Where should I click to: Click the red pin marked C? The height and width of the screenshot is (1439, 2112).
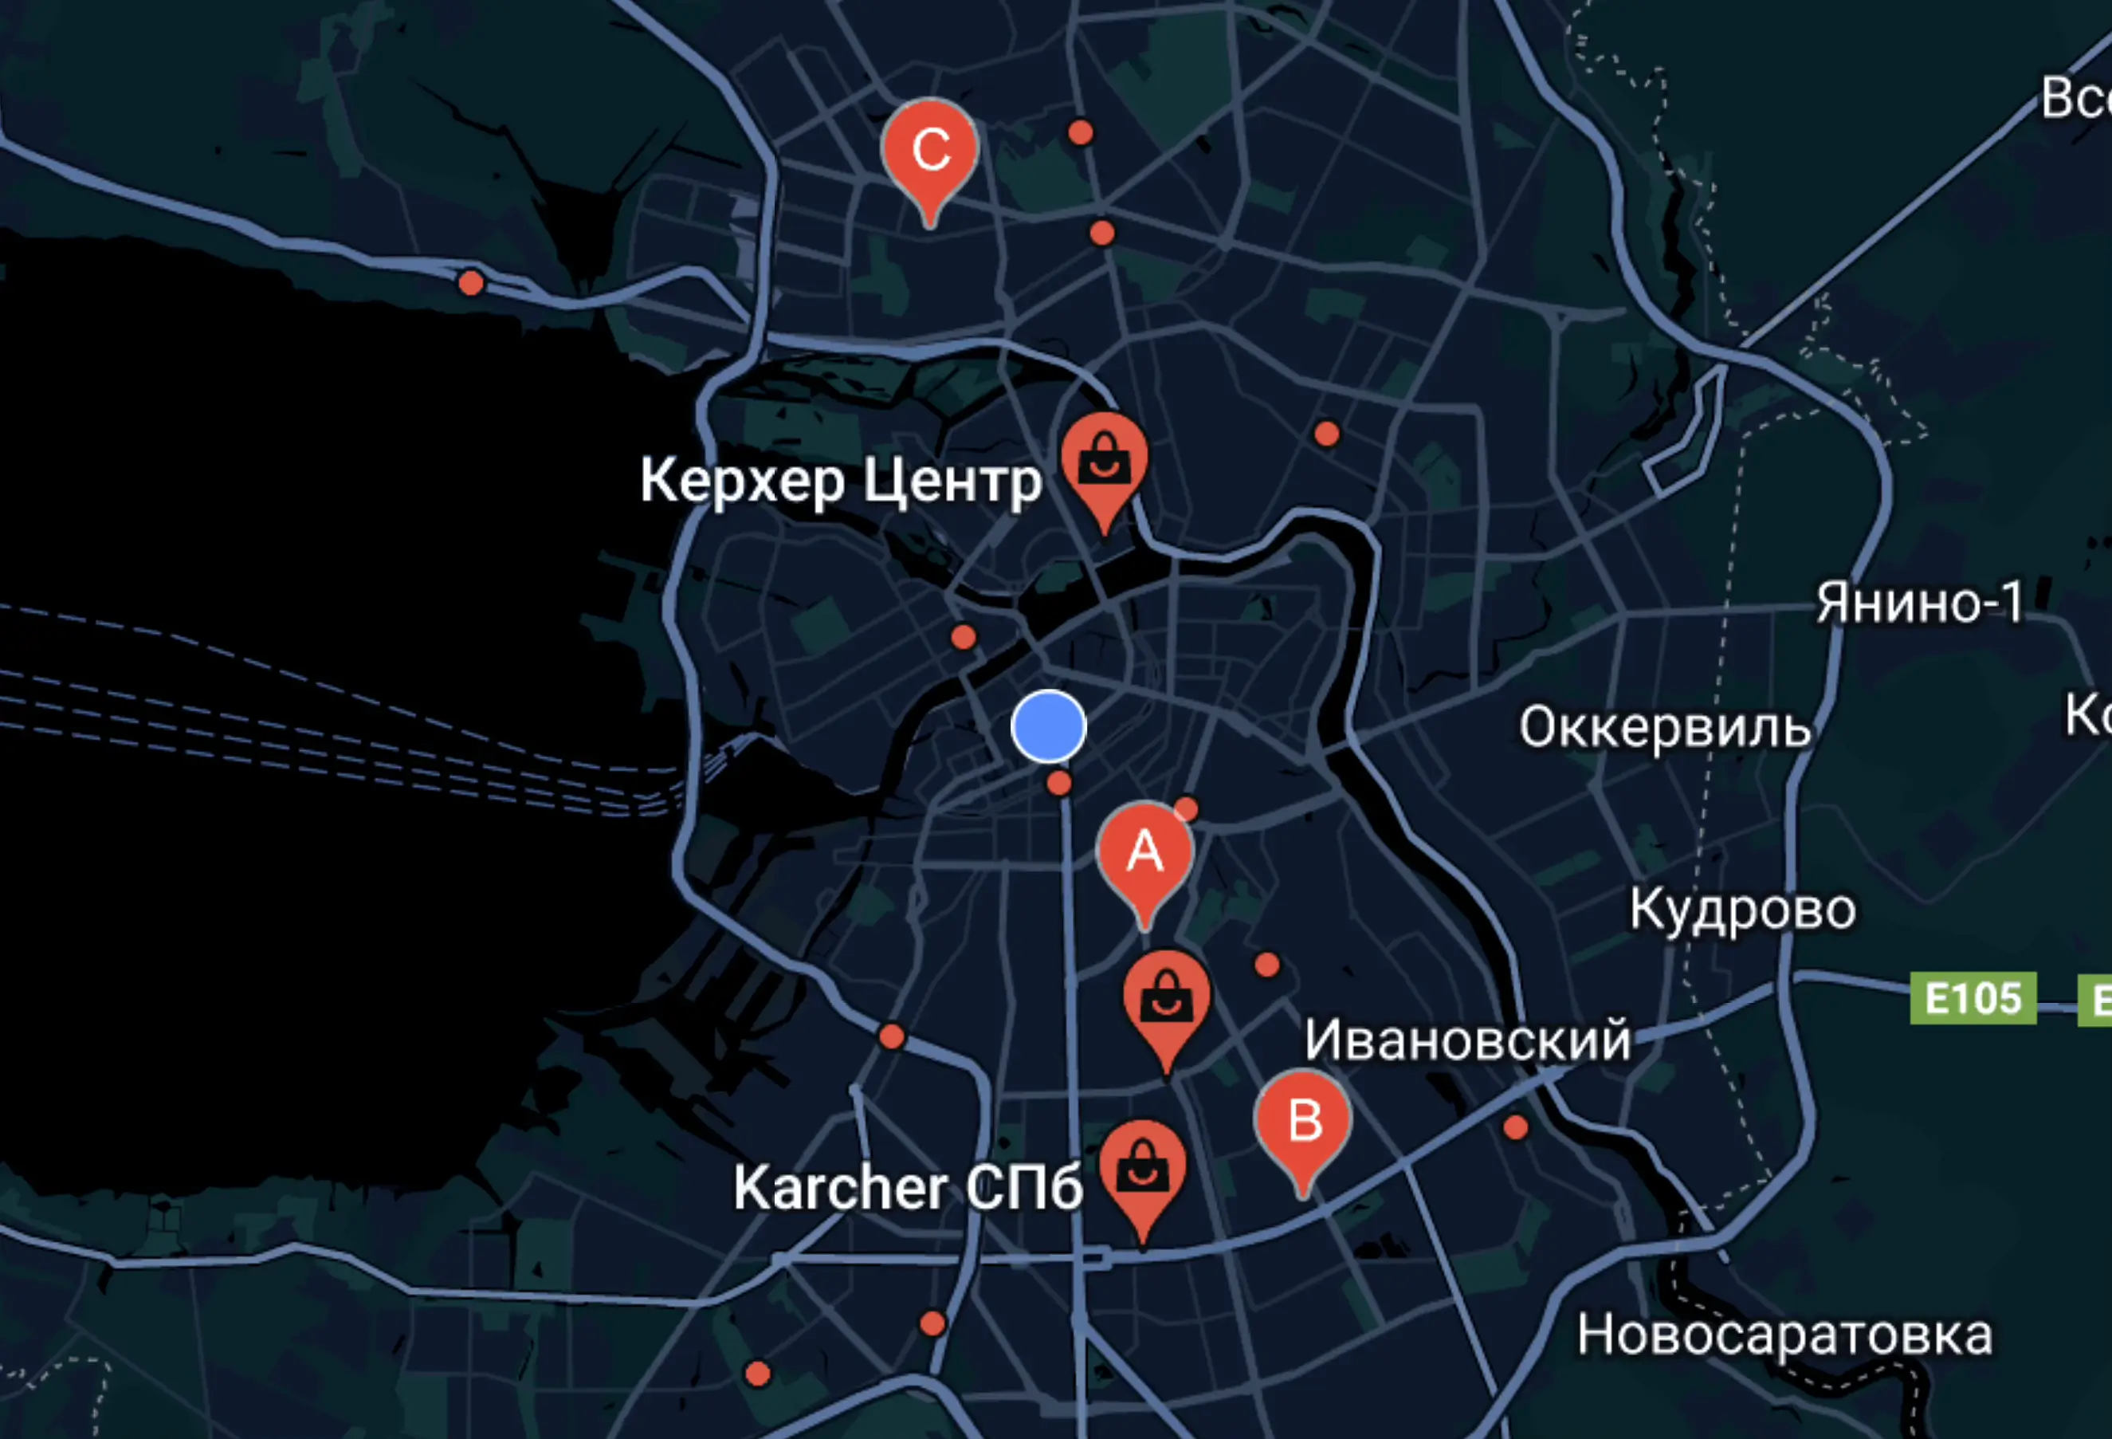coord(928,149)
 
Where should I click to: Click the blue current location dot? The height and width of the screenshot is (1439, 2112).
coord(1048,725)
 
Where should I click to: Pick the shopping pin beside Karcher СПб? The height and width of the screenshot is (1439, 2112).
coord(1142,1169)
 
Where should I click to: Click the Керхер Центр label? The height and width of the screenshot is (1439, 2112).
coord(841,481)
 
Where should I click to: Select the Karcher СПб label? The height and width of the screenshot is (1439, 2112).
coord(907,1187)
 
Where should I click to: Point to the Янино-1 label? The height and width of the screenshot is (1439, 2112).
coord(1919,603)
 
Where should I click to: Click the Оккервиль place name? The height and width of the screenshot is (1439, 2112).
coord(1664,727)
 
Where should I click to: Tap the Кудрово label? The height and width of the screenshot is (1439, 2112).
coord(1742,909)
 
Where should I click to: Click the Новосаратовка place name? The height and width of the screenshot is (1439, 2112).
coord(1784,1335)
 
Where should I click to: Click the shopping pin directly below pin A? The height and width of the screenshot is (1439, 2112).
coord(1166,1000)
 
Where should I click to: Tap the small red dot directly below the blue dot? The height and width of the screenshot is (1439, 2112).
coord(1058,783)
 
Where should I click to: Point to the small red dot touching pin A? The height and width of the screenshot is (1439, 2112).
coord(1186,808)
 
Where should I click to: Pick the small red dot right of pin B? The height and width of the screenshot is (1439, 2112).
coord(1515,1127)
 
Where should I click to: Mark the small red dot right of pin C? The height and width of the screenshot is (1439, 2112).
coord(1080,132)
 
